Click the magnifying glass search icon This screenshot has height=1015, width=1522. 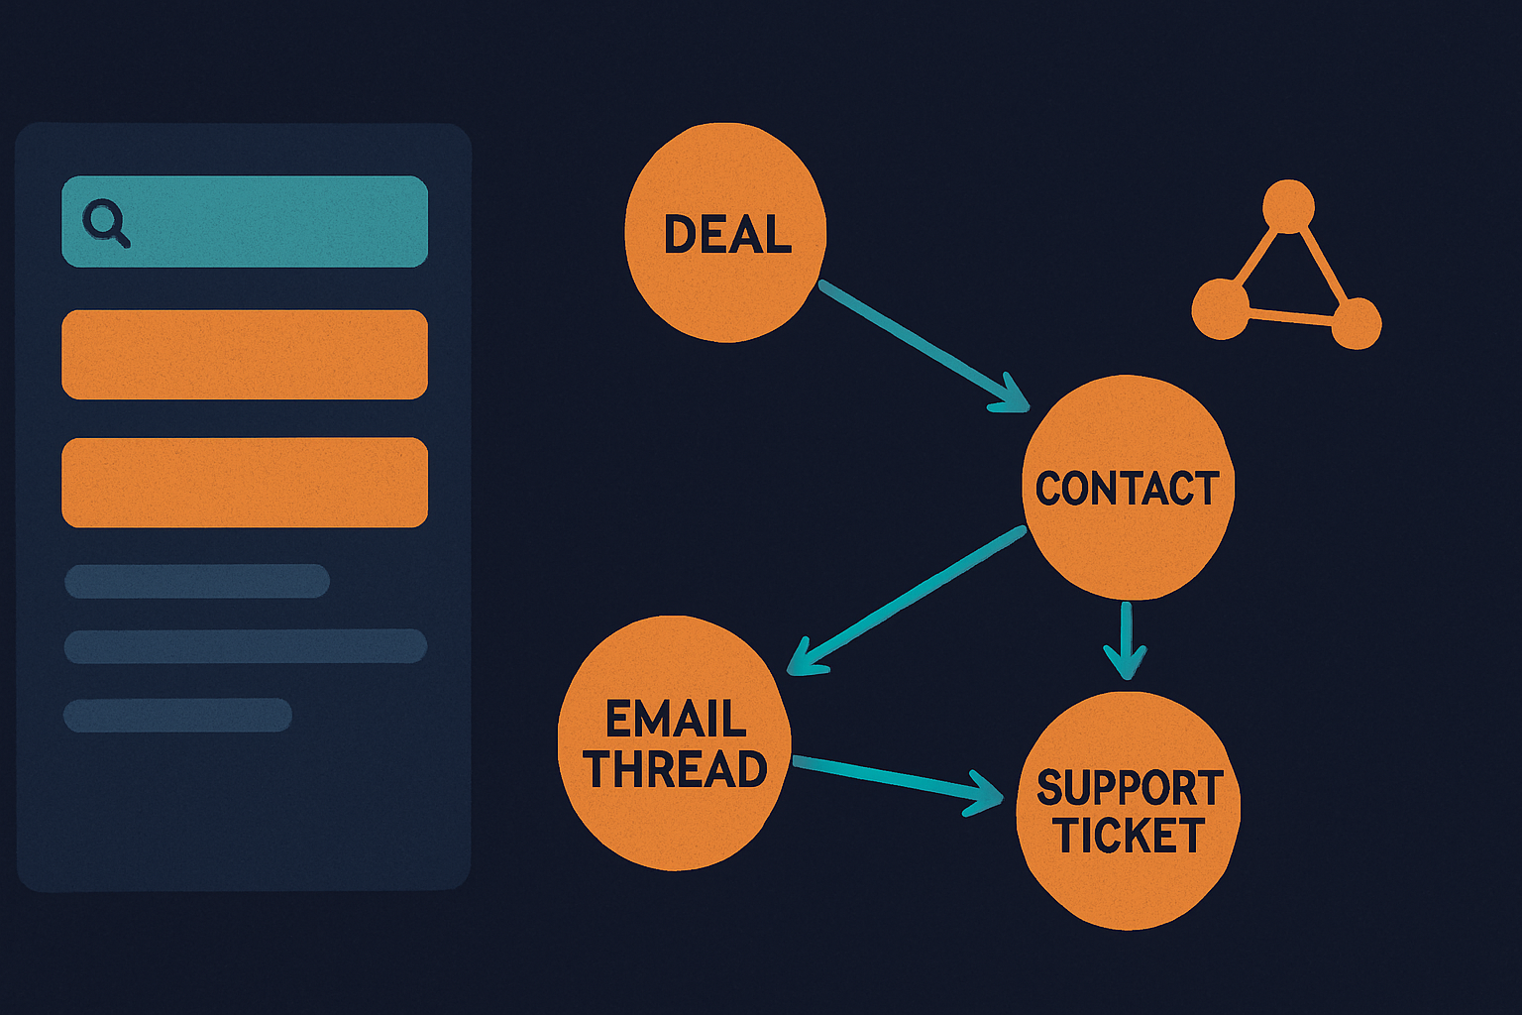click(x=105, y=222)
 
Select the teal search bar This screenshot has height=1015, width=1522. click(x=245, y=222)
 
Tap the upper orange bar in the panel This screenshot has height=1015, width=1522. click(x=245, y=354)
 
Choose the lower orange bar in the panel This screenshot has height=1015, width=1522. click(x=245, y=482)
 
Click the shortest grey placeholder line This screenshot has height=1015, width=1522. click(x=177, y=716)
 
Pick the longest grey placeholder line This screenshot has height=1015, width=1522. click(x=246, y=646)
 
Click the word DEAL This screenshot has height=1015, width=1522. click(x=727, y=235)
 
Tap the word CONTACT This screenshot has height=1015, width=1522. click(x=1127, y=488)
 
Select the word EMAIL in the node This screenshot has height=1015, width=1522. click(x=676, y=719)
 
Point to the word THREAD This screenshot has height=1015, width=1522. click(x=675, y=769)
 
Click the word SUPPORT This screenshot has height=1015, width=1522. click(x=1130, y=788)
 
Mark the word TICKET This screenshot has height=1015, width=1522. click(x=1129, y=835)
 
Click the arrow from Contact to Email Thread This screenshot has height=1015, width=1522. click(x=907, y=601)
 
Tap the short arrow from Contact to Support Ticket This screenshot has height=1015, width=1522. click(x=1126, y=640)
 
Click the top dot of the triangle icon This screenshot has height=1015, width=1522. click(x=1288, y=205)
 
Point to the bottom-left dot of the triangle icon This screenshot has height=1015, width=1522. click(x=1221, y=309)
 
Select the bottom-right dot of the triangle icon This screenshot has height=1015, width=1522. click(x=1357, y=323)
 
